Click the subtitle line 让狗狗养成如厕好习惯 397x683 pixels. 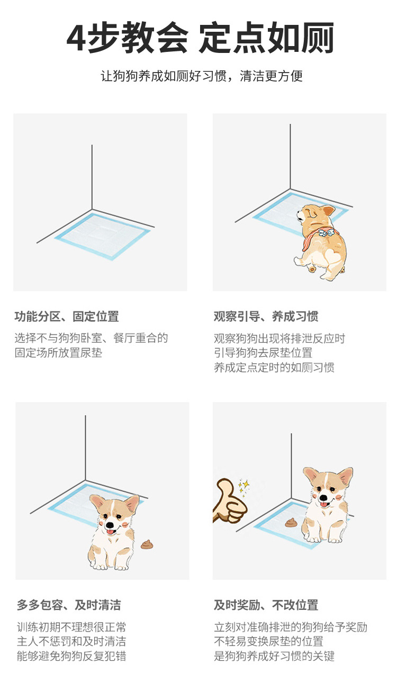tap(163, 76)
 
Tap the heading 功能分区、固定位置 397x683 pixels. tap(67, 317)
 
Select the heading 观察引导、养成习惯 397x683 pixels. tap(266, 317)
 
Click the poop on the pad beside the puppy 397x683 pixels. tap(291, 523)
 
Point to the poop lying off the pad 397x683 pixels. tap(147, 544)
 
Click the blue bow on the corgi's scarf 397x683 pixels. tap(326, 233)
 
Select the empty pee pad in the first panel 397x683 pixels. tap(103, 236)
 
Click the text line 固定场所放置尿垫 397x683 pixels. tap(58, 353)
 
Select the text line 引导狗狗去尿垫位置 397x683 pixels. tap(263, 353)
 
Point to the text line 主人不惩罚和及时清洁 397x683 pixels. tap(71, 641)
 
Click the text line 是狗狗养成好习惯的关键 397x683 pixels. tap(274, 655)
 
